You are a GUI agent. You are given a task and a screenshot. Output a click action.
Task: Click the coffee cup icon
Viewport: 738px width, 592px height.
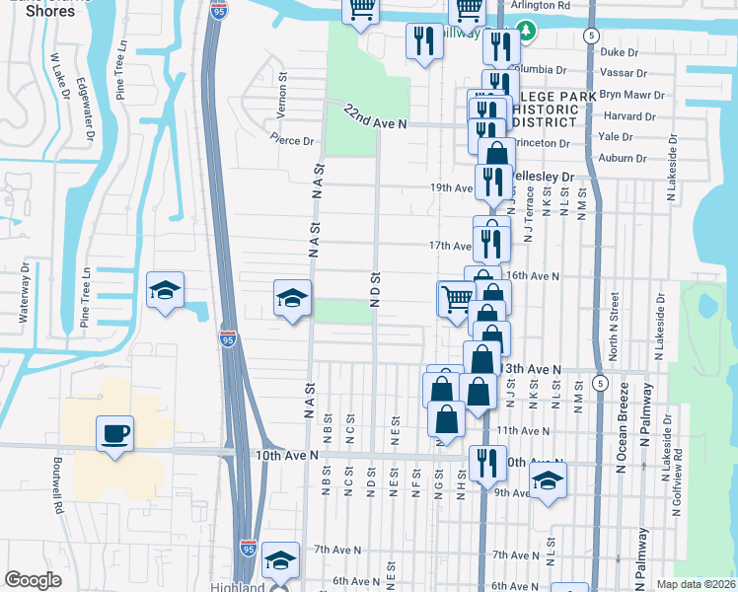coord(114,433)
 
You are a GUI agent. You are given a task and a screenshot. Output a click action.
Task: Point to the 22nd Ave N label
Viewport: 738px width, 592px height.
coord(376,116)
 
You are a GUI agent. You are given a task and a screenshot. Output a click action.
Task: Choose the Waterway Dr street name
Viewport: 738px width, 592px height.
coord(23,293)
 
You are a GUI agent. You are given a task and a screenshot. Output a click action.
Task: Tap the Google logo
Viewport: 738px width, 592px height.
coord(33,580)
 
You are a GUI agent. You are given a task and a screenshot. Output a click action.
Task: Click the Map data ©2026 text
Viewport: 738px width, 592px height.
coord(696,584)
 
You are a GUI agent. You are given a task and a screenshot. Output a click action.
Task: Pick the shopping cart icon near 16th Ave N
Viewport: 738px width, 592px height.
coord(456,297)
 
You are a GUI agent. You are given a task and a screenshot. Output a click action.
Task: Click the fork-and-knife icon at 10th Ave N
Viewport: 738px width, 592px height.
coord(487,462)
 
